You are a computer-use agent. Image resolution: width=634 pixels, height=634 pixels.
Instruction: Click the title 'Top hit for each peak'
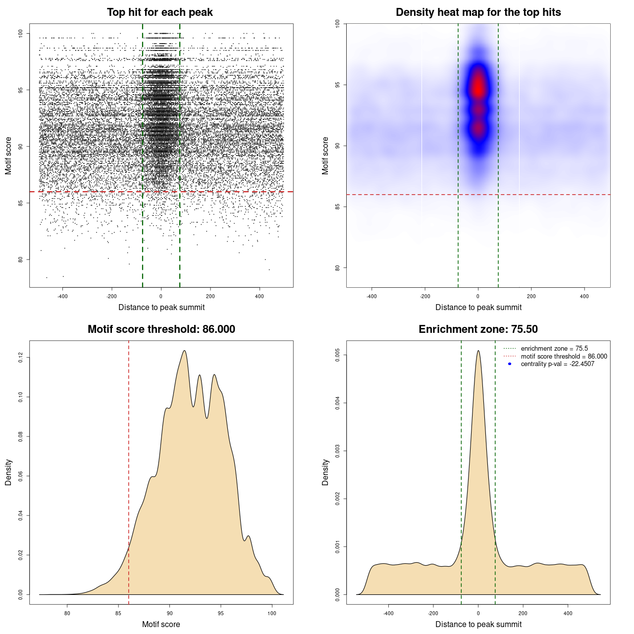click(x=159, y=12)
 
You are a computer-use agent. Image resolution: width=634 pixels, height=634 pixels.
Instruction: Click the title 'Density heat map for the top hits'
click(x=478, y=12)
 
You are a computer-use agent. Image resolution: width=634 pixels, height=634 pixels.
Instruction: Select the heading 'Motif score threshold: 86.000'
click(x=161, y=329)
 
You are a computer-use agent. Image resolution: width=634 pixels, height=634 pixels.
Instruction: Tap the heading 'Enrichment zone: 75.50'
click(x=478, y=329)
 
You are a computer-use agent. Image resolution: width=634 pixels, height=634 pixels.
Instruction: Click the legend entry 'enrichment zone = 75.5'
click(x=554, y=349)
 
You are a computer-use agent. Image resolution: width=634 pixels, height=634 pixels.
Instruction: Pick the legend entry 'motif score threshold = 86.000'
click(x=564, y=357)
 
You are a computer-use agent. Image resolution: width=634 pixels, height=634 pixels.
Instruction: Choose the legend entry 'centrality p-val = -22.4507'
click(x=557, y=364)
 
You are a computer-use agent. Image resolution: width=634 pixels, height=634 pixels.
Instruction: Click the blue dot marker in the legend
click(x=510, y=364)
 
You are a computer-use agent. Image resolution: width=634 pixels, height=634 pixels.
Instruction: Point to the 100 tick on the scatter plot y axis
click(x=21, y=33)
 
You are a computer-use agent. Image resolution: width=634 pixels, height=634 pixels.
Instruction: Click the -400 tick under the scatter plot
click(x=62, y=297)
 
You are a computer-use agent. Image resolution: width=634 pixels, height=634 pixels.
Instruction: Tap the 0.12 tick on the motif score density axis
click(x=21, y=357)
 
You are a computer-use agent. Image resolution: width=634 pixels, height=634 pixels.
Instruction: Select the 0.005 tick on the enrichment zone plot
click(x=338, y=355)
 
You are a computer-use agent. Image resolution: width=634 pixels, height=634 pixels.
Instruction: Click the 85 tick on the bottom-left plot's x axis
click(x=118, y=613)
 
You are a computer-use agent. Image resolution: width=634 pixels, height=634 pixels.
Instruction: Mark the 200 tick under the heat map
click(x=531, y=297)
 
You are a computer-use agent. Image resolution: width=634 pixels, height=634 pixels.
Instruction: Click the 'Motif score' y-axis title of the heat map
click(x=325, y=156)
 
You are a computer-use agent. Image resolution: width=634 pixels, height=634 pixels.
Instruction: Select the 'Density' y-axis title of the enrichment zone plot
click(x=325, y=472)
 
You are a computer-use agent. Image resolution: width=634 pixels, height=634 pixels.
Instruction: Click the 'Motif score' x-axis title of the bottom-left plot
click(x=161, y=625)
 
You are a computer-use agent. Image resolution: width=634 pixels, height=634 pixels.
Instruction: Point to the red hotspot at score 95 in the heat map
click(x=478, y=88)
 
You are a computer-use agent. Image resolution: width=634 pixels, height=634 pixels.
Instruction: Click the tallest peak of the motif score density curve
click(x=184, y=351)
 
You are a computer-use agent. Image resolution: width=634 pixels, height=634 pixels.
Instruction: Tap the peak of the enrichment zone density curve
click(x=478, y=351)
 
